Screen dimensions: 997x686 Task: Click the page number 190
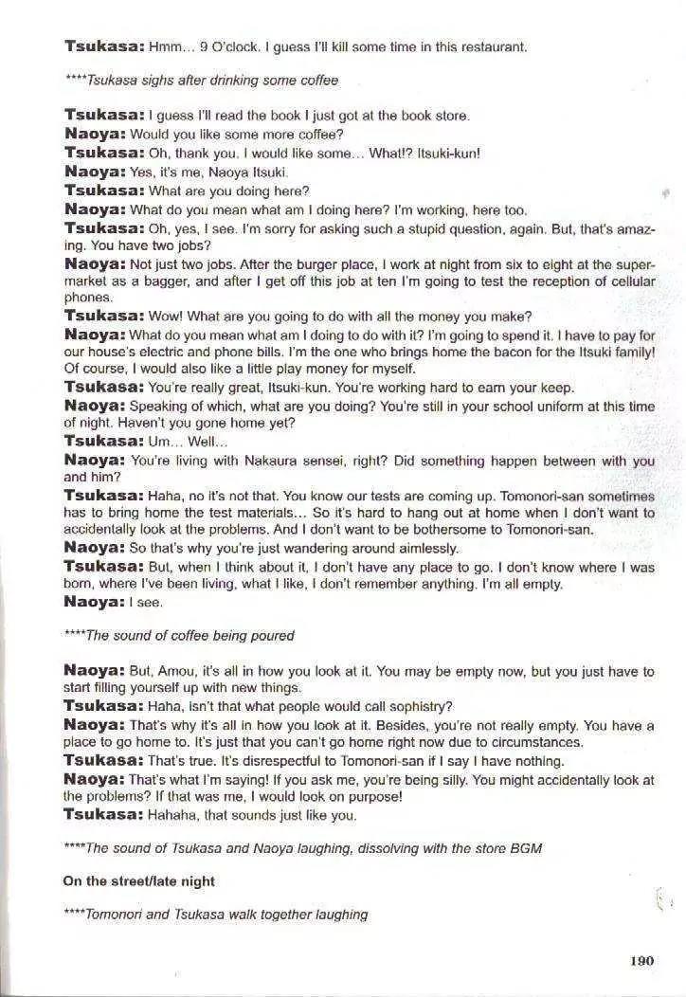pyautogui.click(x=641, y=961)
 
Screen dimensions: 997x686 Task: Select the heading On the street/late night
pyautogui.click(x=139, y=881)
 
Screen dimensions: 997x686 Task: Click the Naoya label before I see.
pyautogui.click(x=94, y=602)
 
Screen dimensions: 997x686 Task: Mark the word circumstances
pyautogui.click(x=535, y=742)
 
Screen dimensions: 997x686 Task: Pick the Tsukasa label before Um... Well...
pyautogui.click(x=103, y=442)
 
